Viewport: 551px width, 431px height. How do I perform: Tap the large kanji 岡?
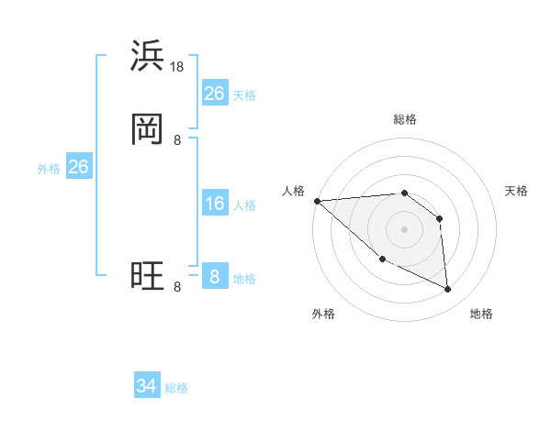tap(147, 129)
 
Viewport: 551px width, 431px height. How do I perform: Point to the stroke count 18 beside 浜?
tap(178, 66)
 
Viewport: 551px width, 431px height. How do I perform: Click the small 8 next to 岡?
tap(177, 139)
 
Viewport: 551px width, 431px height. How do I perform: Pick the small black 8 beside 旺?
tap(177, 286)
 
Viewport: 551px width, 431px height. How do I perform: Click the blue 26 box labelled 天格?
tap(214, 94)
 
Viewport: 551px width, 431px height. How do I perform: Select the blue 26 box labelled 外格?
tap(78, 167)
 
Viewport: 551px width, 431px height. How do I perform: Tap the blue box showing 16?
tap(214, 204)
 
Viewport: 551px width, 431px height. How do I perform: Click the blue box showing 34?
tap(146, 386)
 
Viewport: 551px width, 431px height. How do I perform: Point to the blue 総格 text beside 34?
tap(176, 388)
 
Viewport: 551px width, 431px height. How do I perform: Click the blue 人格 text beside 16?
tap(244, 205)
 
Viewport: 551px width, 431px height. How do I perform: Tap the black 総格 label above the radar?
tap(404, 119)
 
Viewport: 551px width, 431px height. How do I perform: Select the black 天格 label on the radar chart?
tap(516, 191)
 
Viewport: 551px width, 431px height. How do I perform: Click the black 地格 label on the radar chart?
tap(481, 314)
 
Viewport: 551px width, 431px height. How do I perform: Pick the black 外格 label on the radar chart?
tap(323, 314)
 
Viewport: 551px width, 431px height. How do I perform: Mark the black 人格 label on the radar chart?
tap(293, 191)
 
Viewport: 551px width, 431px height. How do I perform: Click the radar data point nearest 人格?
tap(316, 201)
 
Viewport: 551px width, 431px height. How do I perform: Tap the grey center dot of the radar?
tap(404, 229)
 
